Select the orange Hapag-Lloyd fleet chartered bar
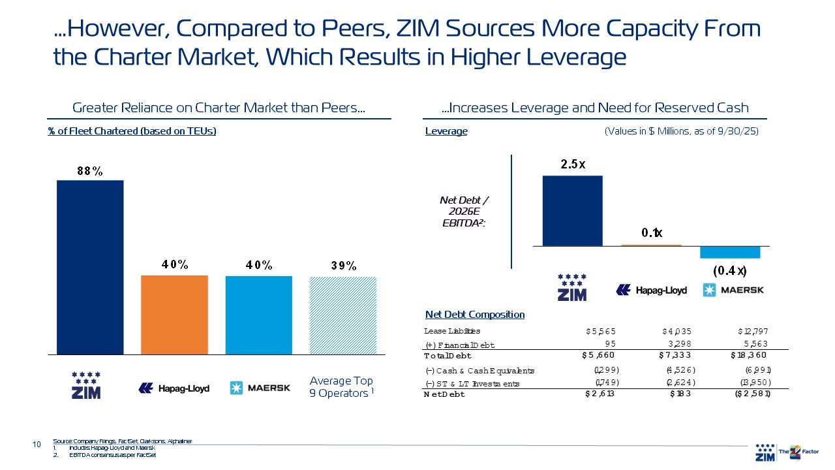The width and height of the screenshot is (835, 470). (x=174, y=315)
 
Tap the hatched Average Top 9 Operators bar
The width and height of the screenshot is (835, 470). (x=342, y=315)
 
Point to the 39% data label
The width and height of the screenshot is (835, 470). (x=342, y=266)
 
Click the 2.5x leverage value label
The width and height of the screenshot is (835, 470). (x=573, y=164)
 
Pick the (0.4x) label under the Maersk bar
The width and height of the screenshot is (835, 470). (x=729, y=270)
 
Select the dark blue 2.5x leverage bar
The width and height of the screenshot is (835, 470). (x=572, y=210)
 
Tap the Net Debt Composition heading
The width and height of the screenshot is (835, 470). (x=474, y=315)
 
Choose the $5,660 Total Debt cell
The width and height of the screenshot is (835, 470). (x=598, y=356)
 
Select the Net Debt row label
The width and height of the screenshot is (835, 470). (x=444, y=394)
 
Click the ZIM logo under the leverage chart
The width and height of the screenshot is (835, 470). (x=571, y=287)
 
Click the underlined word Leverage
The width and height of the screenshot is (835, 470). (x=446, y=131)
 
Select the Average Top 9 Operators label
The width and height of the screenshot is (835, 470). (x=341, y=387)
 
